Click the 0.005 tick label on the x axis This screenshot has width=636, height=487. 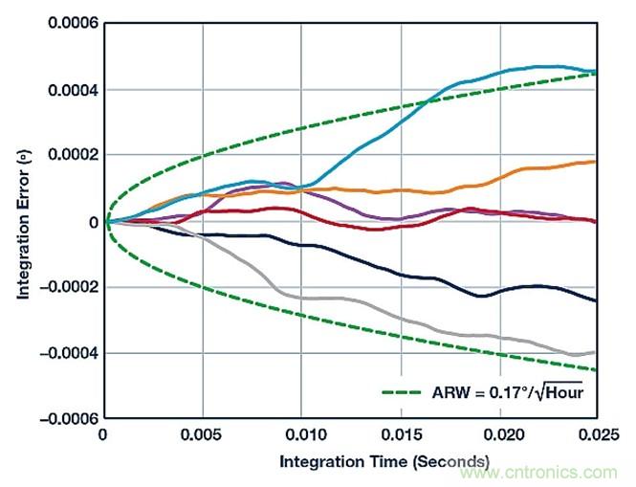pos(203,435)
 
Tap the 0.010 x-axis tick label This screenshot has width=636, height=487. pos(302,435)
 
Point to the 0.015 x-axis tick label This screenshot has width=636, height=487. pos(401,435)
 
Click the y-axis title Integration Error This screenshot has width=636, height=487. pos(22,222)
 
